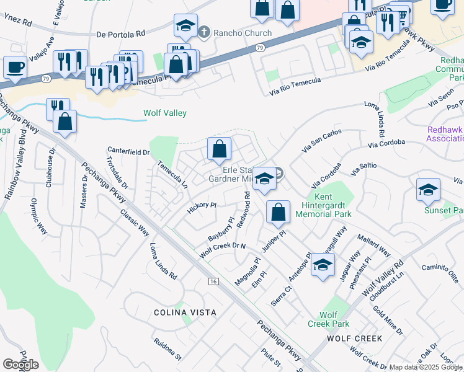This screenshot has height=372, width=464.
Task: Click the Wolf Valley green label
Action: (x=165, y=113)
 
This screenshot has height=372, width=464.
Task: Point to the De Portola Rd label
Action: (x=120, y=34)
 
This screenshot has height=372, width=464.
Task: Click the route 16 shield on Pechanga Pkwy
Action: (x=213, y=282)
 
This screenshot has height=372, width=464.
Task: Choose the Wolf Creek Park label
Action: (x=328, y=319)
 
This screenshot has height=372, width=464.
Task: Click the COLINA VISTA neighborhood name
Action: (x=186, y=312)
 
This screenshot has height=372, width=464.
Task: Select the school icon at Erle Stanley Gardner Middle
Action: (x=264, y=179)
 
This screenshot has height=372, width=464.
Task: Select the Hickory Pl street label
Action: (x=202, y=205)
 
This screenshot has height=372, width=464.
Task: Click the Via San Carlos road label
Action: (x=322, y=141)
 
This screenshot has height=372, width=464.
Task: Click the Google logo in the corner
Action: (x=20, y=365)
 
